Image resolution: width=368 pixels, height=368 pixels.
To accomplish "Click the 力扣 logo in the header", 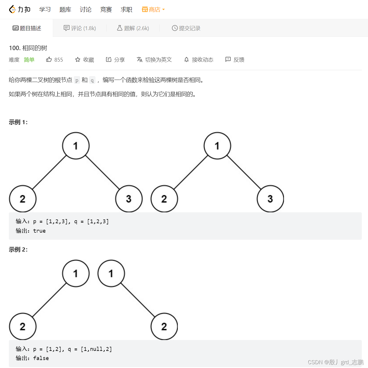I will (x=19, y=9).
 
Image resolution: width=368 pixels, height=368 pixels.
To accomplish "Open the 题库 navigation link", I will (x=65, y=10).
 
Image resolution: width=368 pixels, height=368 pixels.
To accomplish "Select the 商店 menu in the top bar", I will (x=153, y=10).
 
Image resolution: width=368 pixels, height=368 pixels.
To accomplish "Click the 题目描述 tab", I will (x=27, y=28).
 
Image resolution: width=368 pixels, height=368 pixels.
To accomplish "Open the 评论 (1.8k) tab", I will (x=80, y=28).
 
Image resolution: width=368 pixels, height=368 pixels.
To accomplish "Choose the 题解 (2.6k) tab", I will (x=133, y=28).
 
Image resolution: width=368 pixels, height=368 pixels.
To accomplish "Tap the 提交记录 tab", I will (x=186, y=28).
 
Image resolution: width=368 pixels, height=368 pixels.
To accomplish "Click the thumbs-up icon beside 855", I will (x=49, y=60).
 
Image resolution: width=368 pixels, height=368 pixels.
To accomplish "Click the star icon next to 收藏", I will (x=78, y=60).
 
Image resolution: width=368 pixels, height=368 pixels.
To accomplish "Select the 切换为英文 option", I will (x=155, y=60).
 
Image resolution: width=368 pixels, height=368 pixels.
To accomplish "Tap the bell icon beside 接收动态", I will (x=186, y=60).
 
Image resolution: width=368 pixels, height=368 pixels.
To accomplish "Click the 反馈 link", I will (x=235, y=60).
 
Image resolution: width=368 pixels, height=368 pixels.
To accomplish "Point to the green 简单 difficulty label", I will (x=29, y=60).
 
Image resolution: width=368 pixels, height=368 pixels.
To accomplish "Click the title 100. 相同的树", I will (x=28, y=48).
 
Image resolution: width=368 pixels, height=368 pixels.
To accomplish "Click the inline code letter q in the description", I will (x=92, y=80).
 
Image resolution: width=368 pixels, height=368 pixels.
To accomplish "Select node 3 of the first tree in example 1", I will (x=129, y=199).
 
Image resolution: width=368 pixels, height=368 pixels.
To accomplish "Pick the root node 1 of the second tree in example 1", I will (x=217, y=146).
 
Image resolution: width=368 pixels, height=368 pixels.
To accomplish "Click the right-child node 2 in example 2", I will (x=164, y=326).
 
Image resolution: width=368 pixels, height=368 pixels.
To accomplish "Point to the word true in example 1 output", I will (x=40, y=231).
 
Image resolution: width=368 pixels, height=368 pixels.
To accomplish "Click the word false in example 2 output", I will (x=41, y=358).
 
